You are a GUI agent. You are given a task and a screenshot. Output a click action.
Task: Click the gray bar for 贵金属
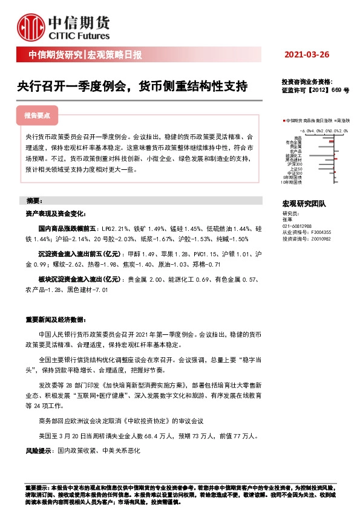point(327,146)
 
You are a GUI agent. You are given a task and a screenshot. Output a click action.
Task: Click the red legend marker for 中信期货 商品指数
point(284,121)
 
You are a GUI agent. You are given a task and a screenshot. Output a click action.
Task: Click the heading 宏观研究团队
point(304,204)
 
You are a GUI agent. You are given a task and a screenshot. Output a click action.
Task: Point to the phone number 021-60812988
point(297,225)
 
